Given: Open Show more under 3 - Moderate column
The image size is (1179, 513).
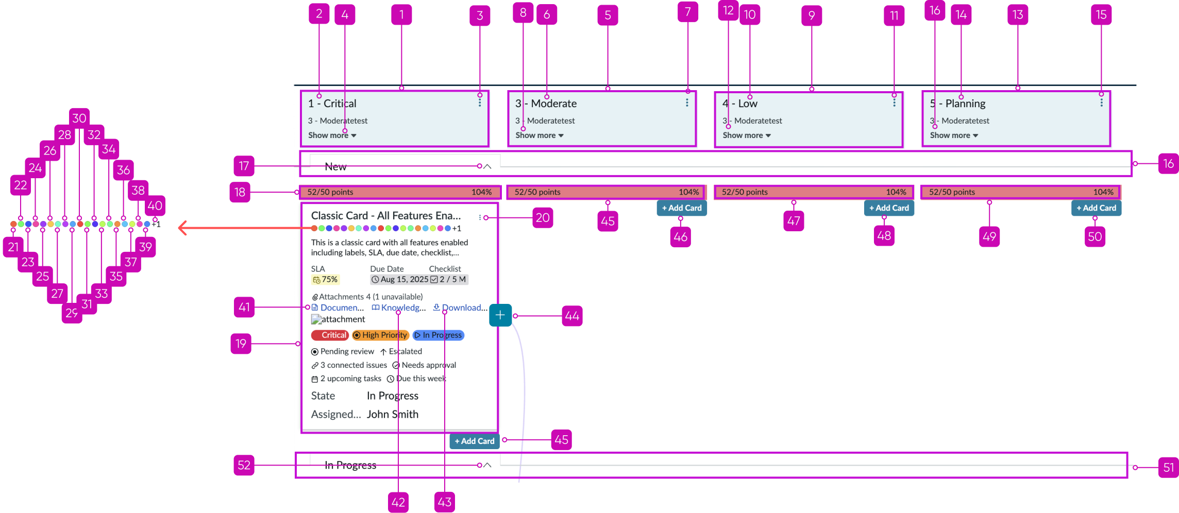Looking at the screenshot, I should (539, 135).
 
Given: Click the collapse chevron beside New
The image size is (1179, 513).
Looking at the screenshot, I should (487, 166).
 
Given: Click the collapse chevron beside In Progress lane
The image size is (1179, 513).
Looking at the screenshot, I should (487, 465).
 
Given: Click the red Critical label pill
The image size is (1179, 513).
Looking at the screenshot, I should (330, 335).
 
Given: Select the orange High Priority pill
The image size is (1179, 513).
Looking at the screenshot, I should (380, 335).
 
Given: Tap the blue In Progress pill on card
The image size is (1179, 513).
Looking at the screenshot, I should (439, 335).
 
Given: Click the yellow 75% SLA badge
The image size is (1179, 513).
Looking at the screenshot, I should (325, 280).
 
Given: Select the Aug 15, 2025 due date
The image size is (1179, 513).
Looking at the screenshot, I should (400, 280).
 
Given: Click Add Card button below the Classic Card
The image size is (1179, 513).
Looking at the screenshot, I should (474, 441).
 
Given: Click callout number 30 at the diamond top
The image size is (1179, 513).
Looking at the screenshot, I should (79, 118).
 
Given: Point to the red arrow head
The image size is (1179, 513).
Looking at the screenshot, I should (181, 228).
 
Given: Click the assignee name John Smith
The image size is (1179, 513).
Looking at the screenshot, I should (392, 414).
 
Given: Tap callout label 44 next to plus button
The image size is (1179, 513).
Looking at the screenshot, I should (572, 316).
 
